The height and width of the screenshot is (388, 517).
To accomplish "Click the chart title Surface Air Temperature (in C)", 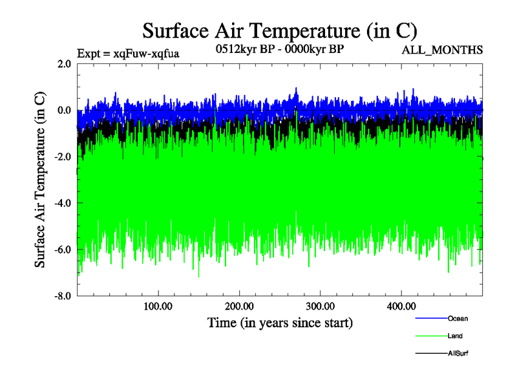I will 280,30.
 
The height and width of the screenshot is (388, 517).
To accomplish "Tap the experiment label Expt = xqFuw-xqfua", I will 128,54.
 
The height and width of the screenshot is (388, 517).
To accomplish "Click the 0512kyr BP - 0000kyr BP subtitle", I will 279,50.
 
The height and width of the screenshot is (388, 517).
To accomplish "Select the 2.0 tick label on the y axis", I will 64,63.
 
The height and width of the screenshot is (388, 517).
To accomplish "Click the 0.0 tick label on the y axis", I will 64,110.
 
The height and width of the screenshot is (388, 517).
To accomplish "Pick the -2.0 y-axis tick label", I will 63,156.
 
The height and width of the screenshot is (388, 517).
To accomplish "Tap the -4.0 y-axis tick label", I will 63,203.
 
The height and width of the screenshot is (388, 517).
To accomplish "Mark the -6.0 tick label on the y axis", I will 63,250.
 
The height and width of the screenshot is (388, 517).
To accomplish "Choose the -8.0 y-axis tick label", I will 63,296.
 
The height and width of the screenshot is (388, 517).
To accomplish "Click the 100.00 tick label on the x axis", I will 158,306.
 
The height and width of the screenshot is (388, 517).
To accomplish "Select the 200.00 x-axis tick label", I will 239,306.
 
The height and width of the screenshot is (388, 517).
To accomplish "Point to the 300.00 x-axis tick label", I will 320,306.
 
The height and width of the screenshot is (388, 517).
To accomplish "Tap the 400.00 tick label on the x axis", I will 401,306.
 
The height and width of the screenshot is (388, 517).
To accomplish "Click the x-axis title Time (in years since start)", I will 280,322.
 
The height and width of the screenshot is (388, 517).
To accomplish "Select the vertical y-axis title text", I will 40,180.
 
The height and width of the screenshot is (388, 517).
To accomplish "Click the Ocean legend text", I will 458,319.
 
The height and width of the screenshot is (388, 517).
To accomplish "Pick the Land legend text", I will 454,336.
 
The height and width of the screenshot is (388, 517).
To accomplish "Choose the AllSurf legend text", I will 458,354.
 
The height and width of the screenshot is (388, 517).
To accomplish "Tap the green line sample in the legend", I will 430,336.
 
